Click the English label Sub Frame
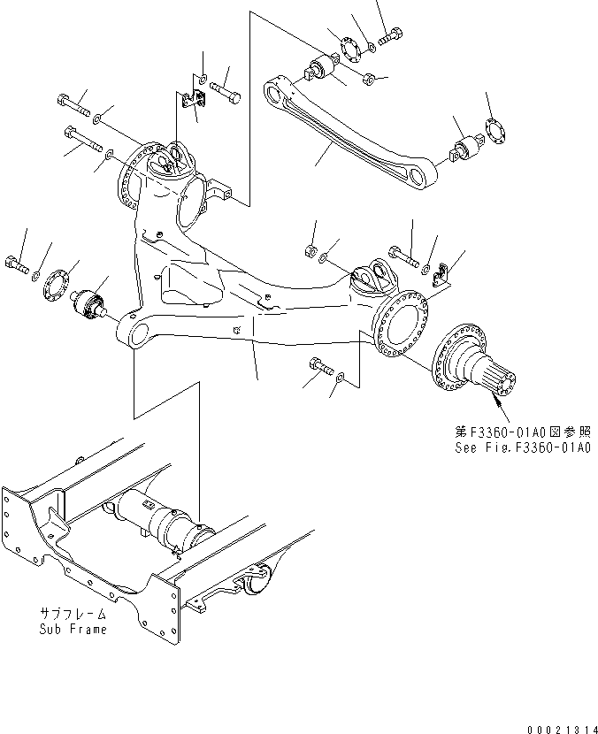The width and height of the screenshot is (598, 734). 73,629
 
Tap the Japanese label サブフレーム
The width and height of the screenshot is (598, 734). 73,614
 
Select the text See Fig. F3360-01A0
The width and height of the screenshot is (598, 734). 523,448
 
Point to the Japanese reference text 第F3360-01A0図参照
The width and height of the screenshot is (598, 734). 523,432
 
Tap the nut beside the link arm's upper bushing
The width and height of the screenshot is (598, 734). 370,79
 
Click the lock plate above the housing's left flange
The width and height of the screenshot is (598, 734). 191,100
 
